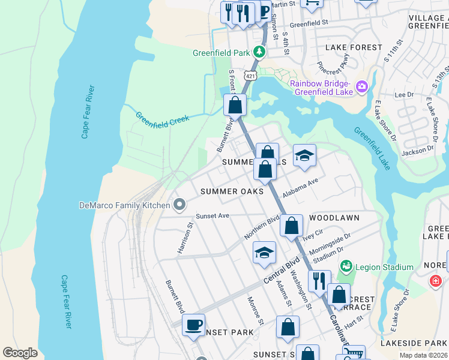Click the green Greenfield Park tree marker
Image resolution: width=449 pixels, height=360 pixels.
[x=259, y=52]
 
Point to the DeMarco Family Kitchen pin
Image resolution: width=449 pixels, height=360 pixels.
[x=179, y=205]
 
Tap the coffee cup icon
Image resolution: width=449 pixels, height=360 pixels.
[x=193, y=325]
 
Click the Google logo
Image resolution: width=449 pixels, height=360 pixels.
[x=20, y=353]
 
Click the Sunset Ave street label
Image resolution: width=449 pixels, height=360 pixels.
[x=212, y=215]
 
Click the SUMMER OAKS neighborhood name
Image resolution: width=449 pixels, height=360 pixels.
[x=232, y=191]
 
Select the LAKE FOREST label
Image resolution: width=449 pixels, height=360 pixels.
[x=353, y=47]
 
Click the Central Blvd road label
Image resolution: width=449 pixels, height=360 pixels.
[x=281, y=271]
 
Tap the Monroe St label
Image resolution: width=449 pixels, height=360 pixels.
[x=256, y=307]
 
